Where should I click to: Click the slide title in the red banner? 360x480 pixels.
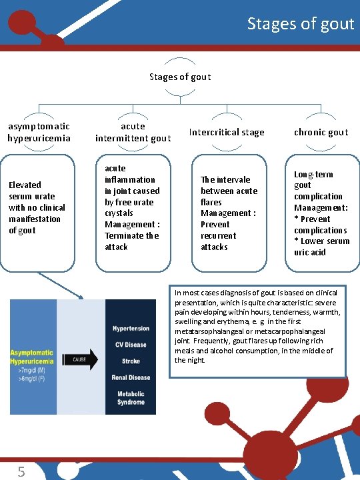(x=300, y=24)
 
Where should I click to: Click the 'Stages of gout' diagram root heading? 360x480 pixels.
(x=180, y=77)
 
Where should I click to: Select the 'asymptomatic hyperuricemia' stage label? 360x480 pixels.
(x=39, y=132)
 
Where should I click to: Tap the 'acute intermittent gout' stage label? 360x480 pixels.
(x=133, y=132)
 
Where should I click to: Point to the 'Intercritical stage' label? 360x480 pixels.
(x=227, y=132)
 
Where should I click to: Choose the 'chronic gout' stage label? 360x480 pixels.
(x=321, y=132)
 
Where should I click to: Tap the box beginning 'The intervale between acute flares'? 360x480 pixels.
(x=227, y=213)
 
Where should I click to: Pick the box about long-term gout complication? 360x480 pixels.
(x=321, y=213)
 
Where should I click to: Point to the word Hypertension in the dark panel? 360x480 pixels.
(x=131, y=329)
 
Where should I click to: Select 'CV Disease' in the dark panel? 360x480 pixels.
(x=131, y=345)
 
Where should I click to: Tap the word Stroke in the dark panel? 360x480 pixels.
(x=131, y=361)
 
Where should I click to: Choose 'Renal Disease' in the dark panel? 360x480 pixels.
(x=131, y=377)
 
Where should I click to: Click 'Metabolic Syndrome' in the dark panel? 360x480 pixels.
(x=131, y=397)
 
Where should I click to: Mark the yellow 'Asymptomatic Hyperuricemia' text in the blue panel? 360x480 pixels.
(x=33, y=357)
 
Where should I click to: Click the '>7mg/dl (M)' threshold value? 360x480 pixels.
(x=29, y=369)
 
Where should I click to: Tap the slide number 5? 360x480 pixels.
(x=21, y=472)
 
